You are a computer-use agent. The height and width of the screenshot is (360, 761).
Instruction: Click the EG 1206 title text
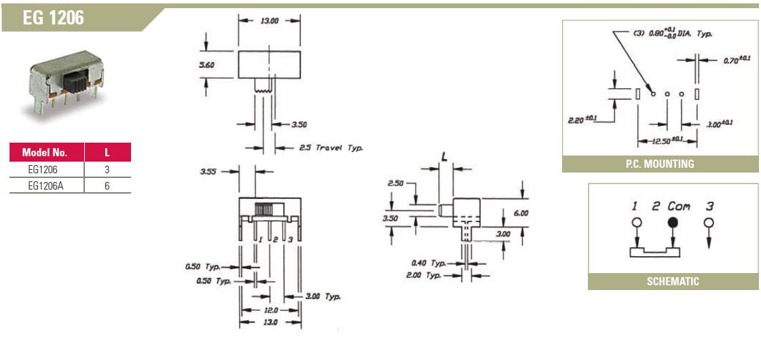[54, 19]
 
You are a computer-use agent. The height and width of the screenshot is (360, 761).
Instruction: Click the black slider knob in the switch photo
[76, 82]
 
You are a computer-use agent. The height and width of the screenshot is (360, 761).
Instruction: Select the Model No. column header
[45, 152]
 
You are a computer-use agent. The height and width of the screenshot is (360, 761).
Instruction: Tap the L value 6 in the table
[107, 185]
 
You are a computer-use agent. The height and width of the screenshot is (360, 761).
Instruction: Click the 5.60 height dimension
[208, 65]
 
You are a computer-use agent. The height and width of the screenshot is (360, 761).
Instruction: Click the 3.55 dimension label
[208, 172]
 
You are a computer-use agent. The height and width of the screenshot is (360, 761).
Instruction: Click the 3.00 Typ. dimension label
[322, 297]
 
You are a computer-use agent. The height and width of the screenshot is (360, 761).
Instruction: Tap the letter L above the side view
[445, 156]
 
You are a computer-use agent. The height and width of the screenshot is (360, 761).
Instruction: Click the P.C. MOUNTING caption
[660, 164]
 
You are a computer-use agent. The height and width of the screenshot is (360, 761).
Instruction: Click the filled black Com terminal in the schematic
[673, 222]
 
